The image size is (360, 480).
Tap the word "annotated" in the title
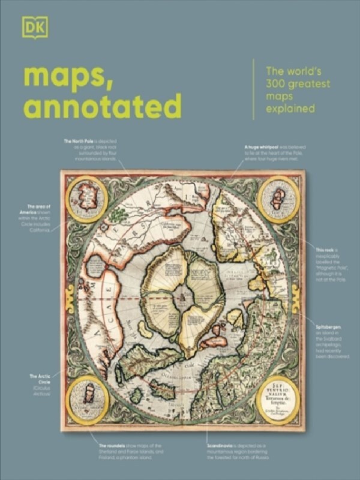(x=101, y=107)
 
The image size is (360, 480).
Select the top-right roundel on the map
(x=278, y=199)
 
